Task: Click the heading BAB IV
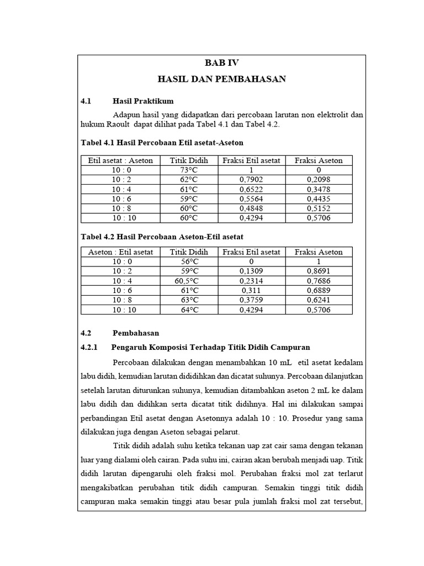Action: coord(221,63)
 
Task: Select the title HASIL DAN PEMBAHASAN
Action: coord(221,79)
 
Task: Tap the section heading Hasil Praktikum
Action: coord(143,101)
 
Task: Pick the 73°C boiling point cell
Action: coord(189,170)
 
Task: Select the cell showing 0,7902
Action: coord(251,180)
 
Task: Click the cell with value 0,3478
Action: coord(319,189)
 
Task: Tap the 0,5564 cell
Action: coord(251,198)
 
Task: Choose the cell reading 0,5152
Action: coord(319,208)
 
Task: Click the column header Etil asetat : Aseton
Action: coord(120,160)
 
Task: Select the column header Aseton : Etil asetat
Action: coord(120,252)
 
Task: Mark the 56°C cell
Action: coord(189,261)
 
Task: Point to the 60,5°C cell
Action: coord(187,281)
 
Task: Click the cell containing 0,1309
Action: coord(251,271)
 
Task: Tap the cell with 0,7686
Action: coord(319,281)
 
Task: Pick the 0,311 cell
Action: coord(251,291)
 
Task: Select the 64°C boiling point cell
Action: coord(189,310)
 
